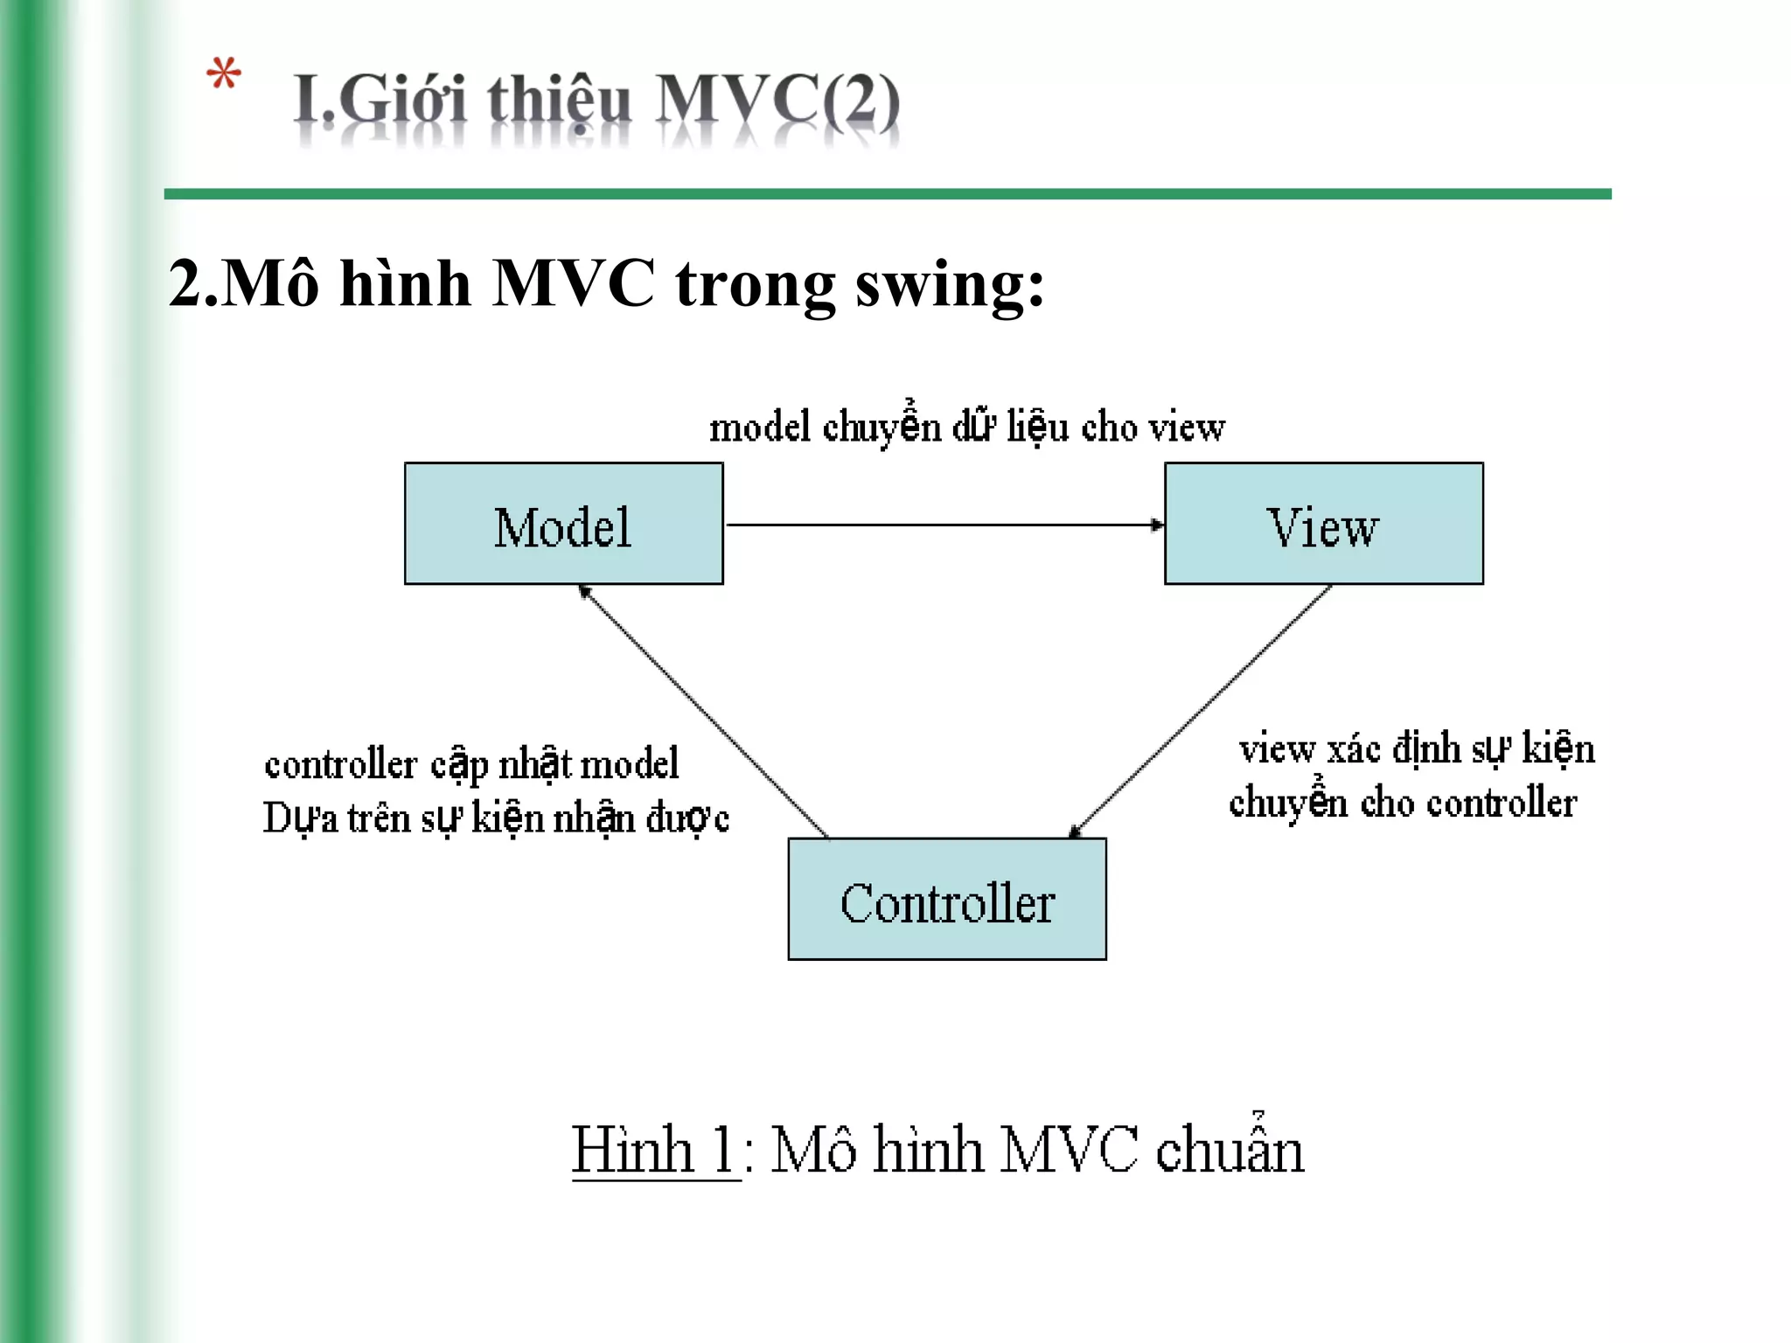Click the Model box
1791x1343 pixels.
pos(563,524)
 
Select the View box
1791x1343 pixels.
pos(1323,524)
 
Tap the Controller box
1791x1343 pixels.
pos(947,900)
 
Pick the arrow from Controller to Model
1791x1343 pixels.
pos(704,710)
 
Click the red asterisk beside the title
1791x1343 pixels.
pos(224,76)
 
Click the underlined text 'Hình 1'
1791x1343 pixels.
pos(654,1150)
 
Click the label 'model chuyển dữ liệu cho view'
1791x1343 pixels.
pos(966,428)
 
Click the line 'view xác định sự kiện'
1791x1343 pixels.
pos(1417,749)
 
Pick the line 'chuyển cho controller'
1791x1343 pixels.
pos(1403,803)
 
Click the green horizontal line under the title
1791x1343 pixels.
pos(887,194)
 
